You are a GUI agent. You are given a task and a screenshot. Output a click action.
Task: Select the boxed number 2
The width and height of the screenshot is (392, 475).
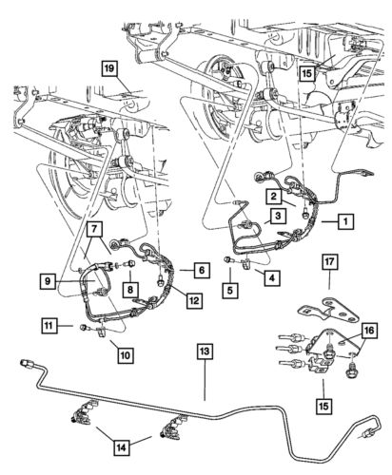pos(272,196)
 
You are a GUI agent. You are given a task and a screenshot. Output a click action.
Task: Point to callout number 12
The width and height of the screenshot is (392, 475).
pos(193,301)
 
